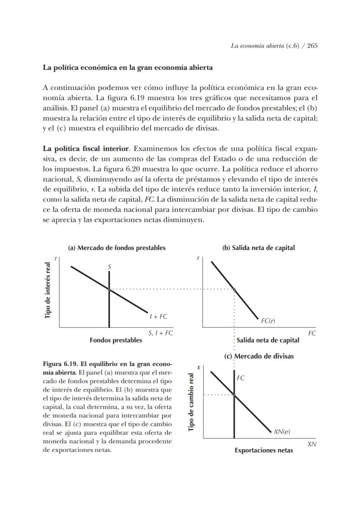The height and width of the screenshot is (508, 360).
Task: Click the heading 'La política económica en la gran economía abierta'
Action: (x=127, y=68)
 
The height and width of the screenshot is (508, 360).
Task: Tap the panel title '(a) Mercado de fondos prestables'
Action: (x=117, y=247)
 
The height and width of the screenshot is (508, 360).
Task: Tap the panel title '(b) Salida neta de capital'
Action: (x=258, y=247)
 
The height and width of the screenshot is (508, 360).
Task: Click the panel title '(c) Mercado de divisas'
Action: (x=259, y=356)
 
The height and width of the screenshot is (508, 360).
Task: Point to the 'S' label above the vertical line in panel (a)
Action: (x=109, y=268)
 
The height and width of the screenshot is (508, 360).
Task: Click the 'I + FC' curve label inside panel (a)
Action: (x=158, y=317)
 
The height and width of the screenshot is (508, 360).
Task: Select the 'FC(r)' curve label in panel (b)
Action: (x=268, y=321)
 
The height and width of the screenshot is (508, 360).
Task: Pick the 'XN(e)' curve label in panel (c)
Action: (x=282, y=432)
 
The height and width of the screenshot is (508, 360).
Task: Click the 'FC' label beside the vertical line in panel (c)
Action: (x=241, y=378)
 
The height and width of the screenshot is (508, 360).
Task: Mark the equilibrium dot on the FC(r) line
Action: (x=234, y=289)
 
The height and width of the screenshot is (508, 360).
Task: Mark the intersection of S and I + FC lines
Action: (x=109, y=289)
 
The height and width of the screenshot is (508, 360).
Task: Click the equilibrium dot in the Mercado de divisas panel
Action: (x=234, y=395)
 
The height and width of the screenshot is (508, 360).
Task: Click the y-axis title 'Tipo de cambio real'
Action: (x=191, y=402)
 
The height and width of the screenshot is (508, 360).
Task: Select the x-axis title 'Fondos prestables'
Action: (x=116, y=340)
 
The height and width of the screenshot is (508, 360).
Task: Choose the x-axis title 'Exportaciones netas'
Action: (x=263, y=450)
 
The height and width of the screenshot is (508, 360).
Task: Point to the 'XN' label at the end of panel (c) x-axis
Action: (x=311, y=444)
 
